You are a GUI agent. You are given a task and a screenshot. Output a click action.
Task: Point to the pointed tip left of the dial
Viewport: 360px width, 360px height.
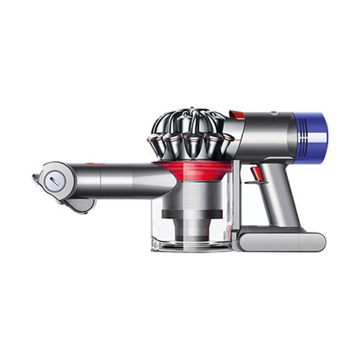tap(34, 178)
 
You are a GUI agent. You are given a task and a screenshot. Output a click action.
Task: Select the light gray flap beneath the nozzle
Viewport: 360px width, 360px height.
tap(79, 205)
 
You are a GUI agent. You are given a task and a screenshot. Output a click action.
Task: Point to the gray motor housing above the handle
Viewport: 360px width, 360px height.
tap(266, 132)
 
